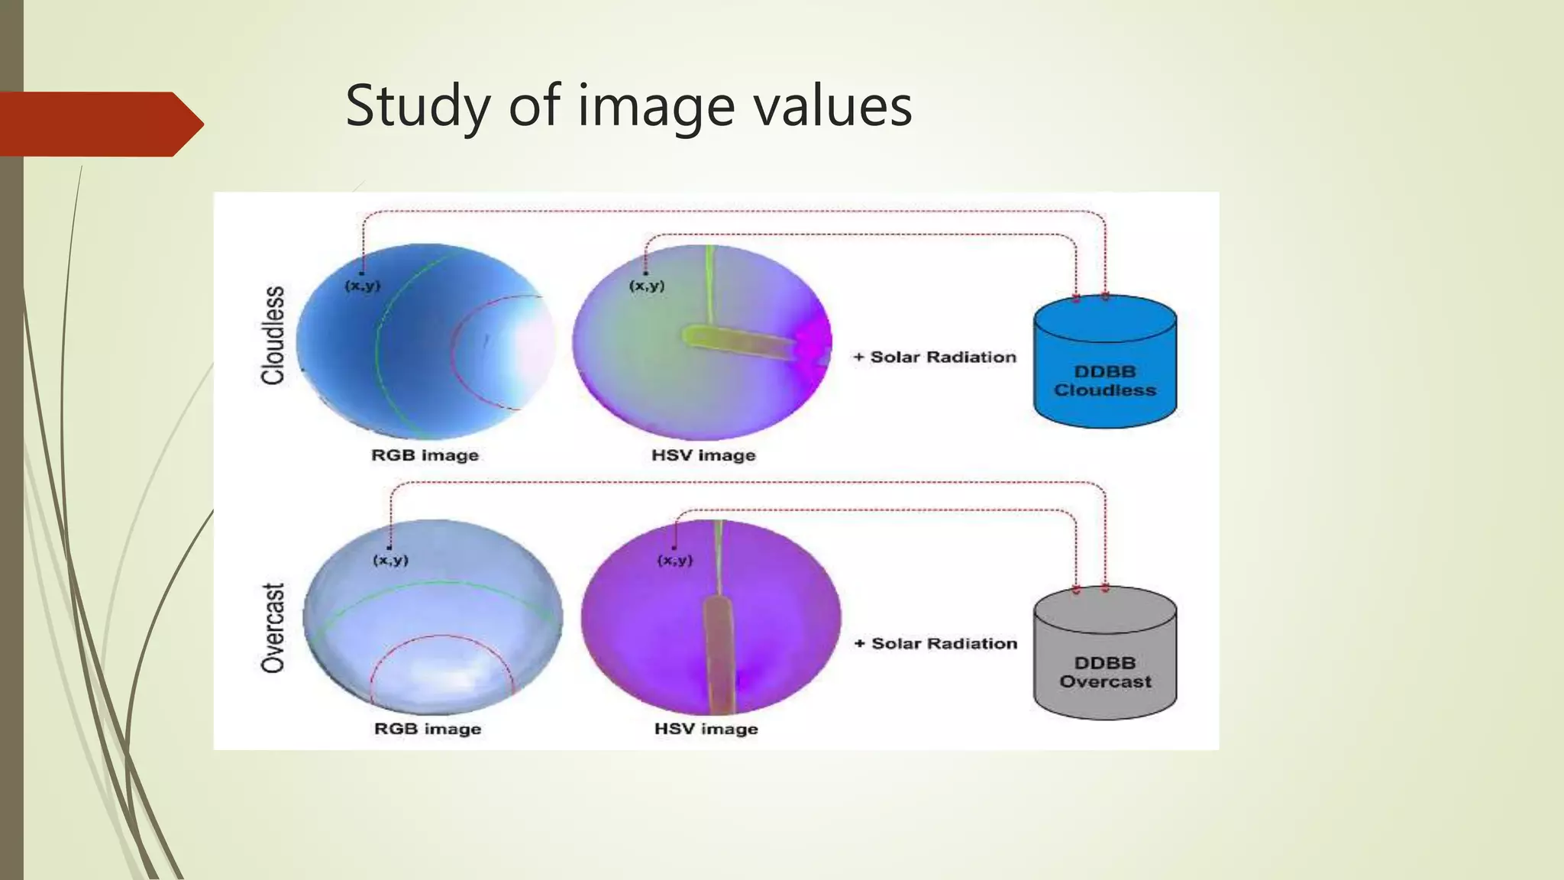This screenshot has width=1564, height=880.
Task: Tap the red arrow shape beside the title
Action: coord(99,125)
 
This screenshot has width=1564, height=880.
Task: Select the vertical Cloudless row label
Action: coord(273,335)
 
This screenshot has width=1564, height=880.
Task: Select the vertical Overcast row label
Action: coord(273,628)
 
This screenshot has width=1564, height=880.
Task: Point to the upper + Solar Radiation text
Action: coord(935,357)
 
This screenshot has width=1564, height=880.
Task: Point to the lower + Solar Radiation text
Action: coord(936,643)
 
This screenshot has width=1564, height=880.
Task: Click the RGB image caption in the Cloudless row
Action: coord(425,455)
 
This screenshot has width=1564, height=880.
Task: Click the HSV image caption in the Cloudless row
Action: coord(703,455)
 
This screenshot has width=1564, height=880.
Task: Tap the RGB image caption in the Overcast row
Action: coord(428,729)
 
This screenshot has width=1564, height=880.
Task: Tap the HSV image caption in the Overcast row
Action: coord(706,729)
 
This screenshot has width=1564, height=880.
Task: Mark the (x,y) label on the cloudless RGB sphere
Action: coord(363,286)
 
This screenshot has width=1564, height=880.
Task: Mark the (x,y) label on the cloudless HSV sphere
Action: coord(647,286)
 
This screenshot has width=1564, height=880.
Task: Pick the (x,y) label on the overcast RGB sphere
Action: coord(390,560)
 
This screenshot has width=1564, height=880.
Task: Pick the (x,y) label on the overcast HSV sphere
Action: coord(675,560)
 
